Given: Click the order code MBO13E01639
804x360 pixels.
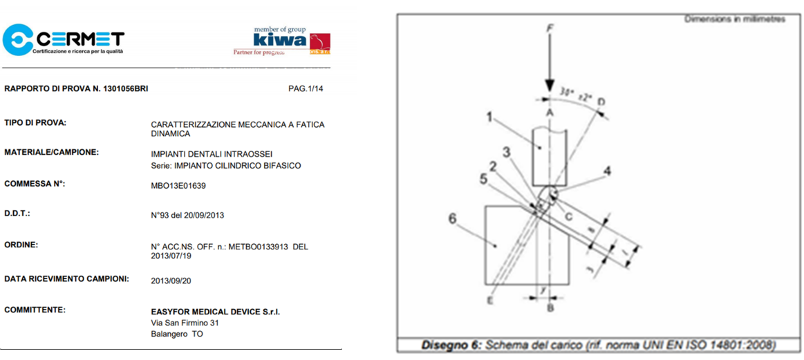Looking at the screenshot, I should [178, 186].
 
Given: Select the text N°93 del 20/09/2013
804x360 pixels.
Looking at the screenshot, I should [187, 215].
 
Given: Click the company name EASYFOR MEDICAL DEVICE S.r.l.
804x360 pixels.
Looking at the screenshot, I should [215, 312].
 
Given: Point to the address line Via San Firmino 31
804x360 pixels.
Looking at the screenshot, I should [185, 323].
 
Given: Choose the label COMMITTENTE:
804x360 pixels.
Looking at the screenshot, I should [35, 310].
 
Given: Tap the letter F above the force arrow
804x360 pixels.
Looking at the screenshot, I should [550, 28].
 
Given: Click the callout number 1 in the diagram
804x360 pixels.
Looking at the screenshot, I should [489, 117].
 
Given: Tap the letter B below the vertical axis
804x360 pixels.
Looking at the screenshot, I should [550, 308].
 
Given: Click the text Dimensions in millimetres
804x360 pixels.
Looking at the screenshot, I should [735, 19].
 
